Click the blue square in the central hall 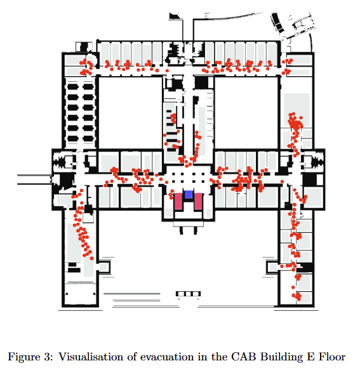tap(189, 195)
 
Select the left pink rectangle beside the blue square tap(178, 201)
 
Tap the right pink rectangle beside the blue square tap(198, 201)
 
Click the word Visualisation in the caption tap(90, 357)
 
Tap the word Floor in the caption tap(332, 357)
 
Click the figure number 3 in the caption tap(47, 357)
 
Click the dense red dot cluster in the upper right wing tap(295, 122)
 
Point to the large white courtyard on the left tap(130, 113)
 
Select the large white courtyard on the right tap(246, 113)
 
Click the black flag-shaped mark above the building tap(174, 16)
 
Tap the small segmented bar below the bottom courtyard tap(189, 294)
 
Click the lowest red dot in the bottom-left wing tap(92, 258)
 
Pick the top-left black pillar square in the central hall tap(173, 174)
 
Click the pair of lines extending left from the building tap(34, 180)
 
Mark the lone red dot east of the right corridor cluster tap(282, 181)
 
